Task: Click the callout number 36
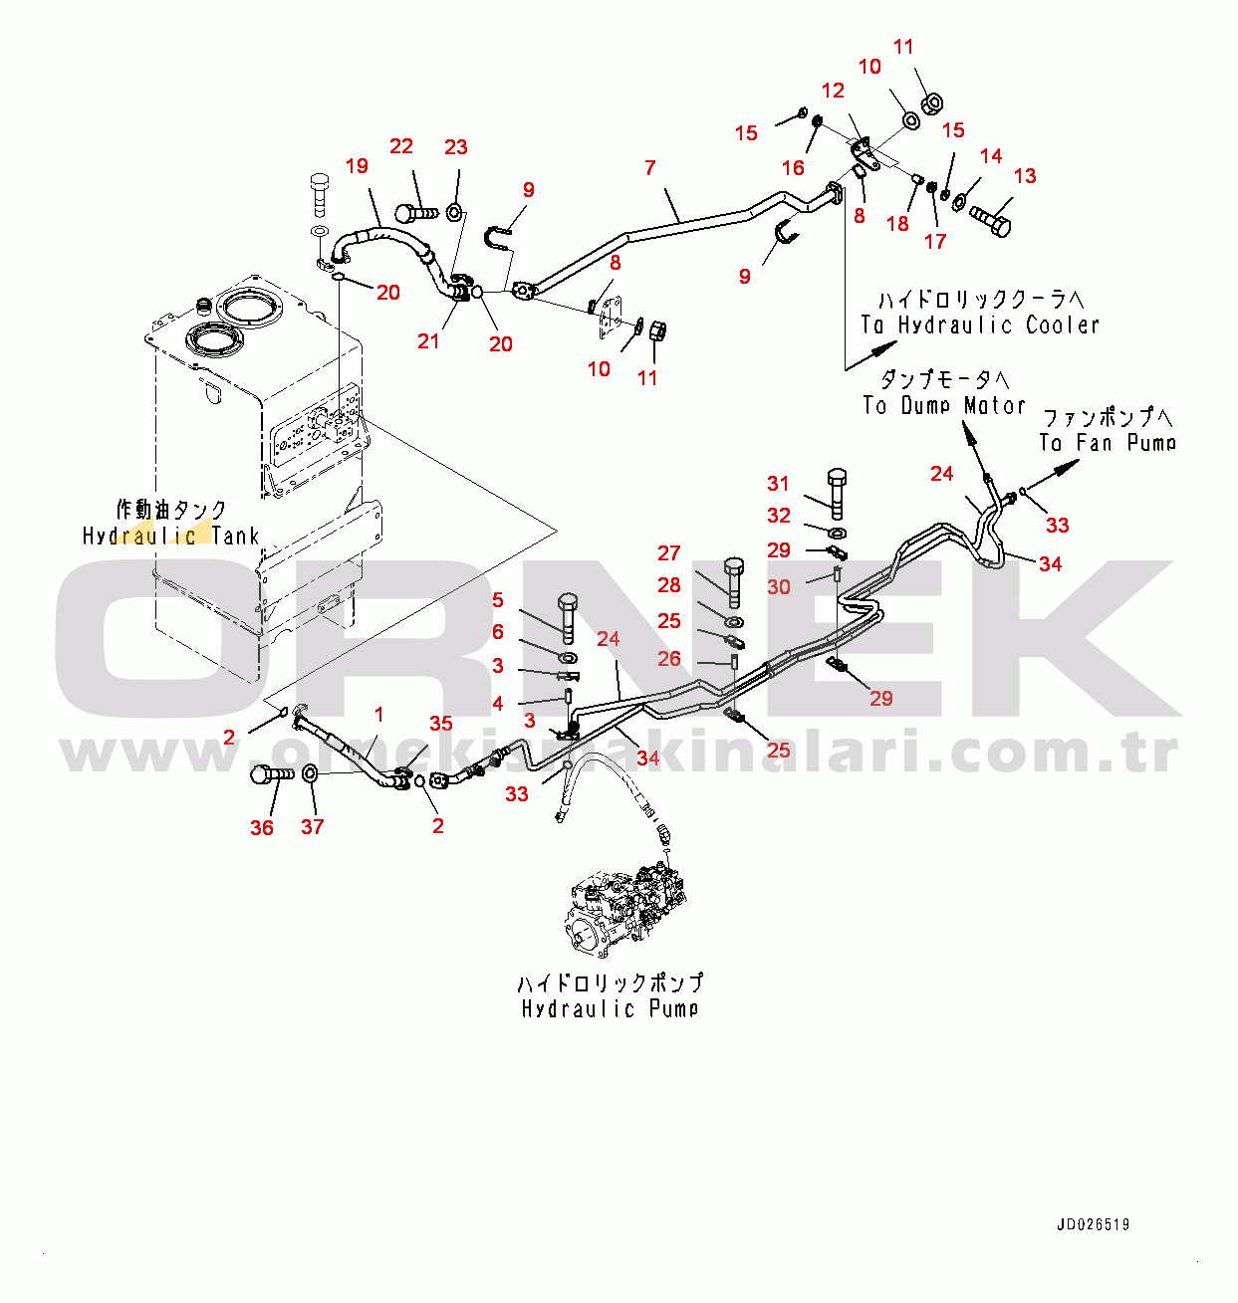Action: pyautogui.click(x=261, y=827)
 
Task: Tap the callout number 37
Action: pyautogui.click(x=313, y=827)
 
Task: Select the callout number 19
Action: pyautogui.click(x=357, y=166)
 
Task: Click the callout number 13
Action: pyautogui.click(x=1025, y=176)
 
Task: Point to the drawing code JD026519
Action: pyautogui.click(x=1093, y=1225)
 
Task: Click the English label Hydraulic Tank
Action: pyautogui.click(x=170, y=537)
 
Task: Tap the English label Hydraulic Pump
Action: pyautogui.click(x=610, y=1008)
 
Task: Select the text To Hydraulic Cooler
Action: pyautogui.click(x=980, y=326)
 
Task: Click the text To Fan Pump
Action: pyautogui.click(x=1108, y=443)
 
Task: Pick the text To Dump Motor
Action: pyautogui.click(x=943, y=406)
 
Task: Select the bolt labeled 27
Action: pyautogui.click(x=734, y=581)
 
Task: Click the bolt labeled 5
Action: pyautogui.click(x=568, y=617)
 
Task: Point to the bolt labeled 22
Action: pyautogui.click(x=415, y=212)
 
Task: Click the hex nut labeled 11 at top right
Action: pyautogui.click(x=932, y=102)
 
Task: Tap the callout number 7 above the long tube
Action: pyautogui.click(x=650, y=168)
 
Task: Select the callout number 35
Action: pyautogui.click(x=440, y=724)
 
